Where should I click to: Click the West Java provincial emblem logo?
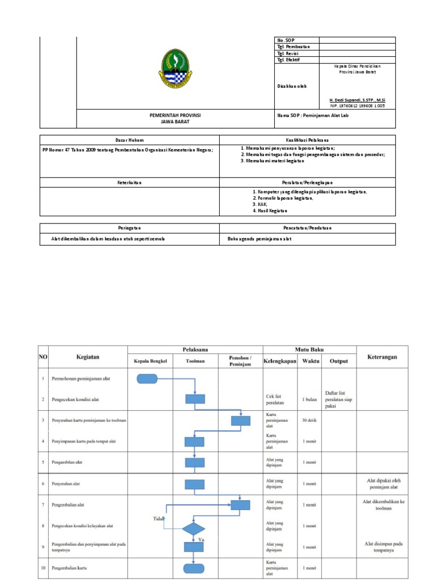pos(175,69)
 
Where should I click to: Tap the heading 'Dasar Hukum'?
pos(129,140)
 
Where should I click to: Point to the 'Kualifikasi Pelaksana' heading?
pos(307,140)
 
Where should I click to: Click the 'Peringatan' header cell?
pos(129,228)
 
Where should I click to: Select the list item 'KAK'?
pos(259,204)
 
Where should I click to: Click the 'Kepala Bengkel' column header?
pos(150,361)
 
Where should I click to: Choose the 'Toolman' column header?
pos(195,361)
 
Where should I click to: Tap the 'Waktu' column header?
pos(310,360)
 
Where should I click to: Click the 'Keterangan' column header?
pos(382,357)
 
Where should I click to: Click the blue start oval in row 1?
pos(147,378)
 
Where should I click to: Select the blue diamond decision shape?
pos(194,528)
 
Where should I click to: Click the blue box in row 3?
pos(240,420)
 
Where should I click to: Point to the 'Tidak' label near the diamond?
pos(158,519)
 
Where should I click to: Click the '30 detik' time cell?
pos(310,420)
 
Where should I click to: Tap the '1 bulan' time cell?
pos(310,399)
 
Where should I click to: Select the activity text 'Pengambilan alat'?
pos(67,462)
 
